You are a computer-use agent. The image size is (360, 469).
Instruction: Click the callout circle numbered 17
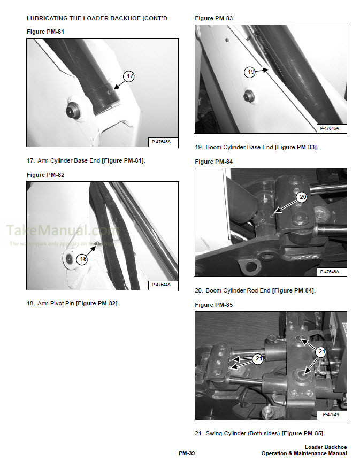coord(129,76)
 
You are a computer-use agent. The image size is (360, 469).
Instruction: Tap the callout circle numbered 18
coord(82,259)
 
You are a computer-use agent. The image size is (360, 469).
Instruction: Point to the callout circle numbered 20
coord(302,197)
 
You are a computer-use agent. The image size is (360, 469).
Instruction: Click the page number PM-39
coord(187,453)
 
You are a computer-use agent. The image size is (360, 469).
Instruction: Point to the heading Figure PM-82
coord(45,175)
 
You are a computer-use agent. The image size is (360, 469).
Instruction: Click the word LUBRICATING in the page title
coord(49,19)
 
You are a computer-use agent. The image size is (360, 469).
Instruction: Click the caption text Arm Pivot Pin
coord(56,303)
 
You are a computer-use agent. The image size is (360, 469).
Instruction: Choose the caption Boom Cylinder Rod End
coord(238,290)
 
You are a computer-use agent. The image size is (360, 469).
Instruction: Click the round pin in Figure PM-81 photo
coord(71,111)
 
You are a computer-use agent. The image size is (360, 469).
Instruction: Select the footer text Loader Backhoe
coord(325,447)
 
